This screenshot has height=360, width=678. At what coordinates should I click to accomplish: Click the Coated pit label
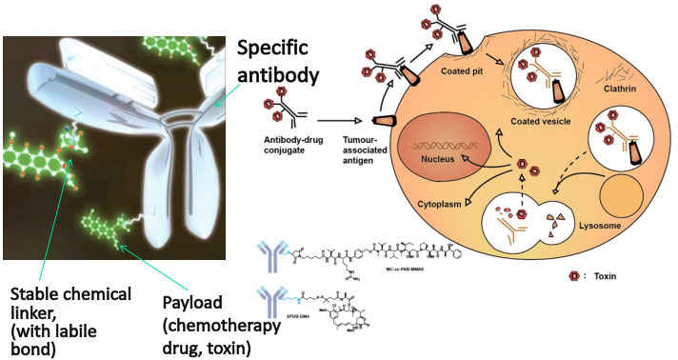tap(462, 71)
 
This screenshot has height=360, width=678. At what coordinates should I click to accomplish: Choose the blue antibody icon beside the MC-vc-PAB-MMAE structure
tap(271, 258)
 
